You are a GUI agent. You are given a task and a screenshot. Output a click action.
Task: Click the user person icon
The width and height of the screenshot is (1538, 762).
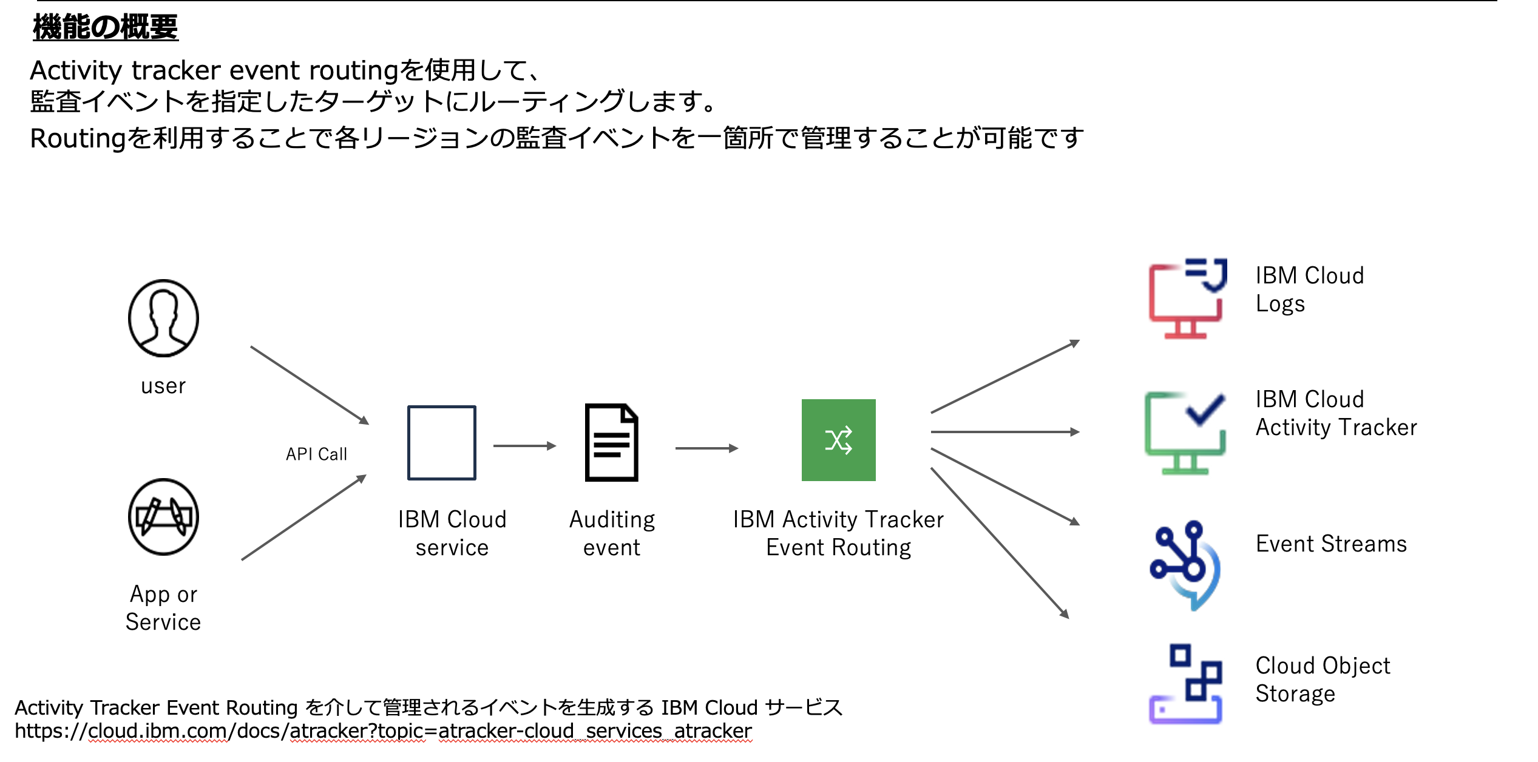(163, 318)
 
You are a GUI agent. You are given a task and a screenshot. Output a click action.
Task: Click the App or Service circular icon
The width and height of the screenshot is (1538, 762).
(163, 517)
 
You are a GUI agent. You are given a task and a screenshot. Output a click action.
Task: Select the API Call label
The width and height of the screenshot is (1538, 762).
(316, 454)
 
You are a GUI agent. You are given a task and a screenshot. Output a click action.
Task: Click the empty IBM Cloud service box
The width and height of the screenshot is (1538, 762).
(442, 443)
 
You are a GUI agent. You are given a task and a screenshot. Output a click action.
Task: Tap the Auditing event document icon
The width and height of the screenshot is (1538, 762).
(611, 442)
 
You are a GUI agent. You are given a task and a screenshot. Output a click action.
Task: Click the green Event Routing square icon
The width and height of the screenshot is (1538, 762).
(838, 440)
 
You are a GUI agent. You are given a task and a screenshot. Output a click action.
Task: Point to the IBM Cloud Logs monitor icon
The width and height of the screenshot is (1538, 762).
(1187, 298)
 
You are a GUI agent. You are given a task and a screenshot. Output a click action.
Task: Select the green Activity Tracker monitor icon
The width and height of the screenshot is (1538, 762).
(1185, 433)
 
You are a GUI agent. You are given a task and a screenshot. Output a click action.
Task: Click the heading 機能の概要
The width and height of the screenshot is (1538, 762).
(106, 27)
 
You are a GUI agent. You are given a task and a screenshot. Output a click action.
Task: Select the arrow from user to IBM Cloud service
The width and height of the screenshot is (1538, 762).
(310, 385)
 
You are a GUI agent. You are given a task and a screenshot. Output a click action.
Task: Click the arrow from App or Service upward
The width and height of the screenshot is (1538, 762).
(303, 518)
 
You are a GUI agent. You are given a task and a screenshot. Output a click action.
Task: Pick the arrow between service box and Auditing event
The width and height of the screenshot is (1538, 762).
(524, 446)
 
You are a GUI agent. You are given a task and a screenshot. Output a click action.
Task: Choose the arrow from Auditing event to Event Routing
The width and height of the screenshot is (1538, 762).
(706, 448)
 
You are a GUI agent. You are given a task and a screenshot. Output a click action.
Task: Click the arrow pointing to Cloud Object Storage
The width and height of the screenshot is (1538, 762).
(999, 542)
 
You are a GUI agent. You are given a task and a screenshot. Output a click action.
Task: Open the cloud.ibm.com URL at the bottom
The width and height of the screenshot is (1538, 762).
(383, 731)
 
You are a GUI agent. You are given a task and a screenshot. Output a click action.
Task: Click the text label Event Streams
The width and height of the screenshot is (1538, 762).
(1330, 544)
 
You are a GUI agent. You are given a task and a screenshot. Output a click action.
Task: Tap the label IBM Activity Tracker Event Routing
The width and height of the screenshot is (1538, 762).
(838, 533)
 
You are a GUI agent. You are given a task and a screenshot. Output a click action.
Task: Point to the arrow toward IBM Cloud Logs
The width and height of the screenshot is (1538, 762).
(1004, 377)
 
